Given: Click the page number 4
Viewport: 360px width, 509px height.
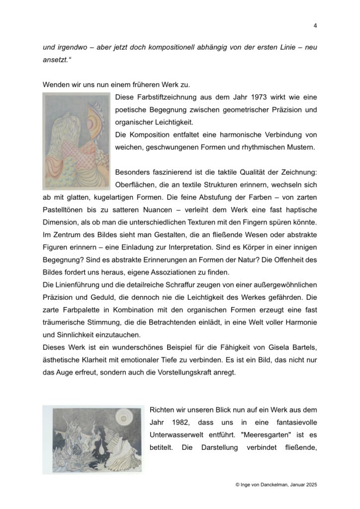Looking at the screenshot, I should [x=315, y=25].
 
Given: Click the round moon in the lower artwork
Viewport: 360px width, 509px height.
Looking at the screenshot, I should [x=122, y=416].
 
